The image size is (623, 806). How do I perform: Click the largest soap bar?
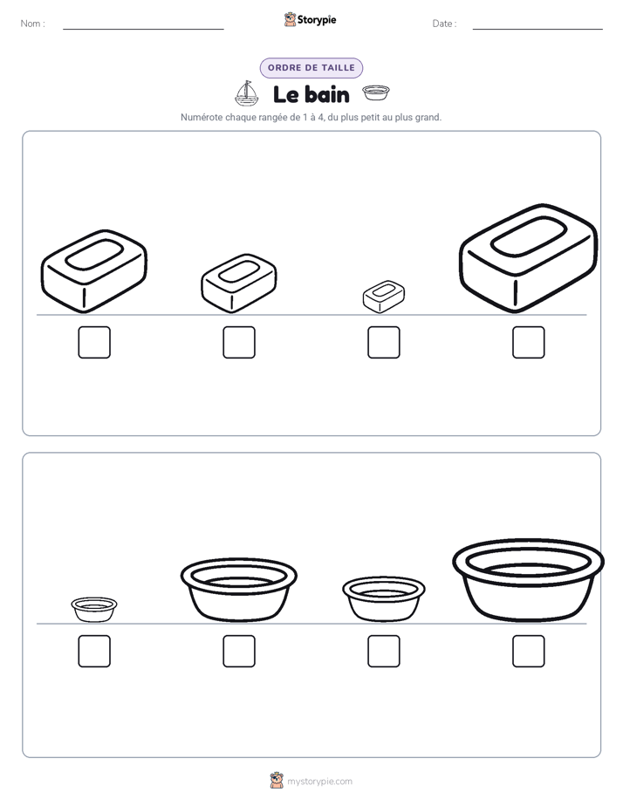[x=529, y=258]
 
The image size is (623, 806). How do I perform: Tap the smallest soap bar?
[x=383, y=297]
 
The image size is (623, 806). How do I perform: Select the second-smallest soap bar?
[x=238, y=283]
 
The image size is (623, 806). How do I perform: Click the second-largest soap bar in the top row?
[x=94, y=271]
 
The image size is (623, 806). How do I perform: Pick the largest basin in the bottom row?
[x=529, y=580]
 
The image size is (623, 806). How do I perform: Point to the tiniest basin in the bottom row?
[x=94, y=610]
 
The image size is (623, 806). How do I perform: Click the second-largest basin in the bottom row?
[x=238, y=590]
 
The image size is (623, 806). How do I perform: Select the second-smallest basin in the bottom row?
[x=383, y=599]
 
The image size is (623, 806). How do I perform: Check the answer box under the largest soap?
[x=529, y=342]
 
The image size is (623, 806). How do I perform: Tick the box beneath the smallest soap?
[x=383, y=342]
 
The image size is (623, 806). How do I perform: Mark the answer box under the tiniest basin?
[x=94, y=652]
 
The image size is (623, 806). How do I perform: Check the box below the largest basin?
[x=529, y=652]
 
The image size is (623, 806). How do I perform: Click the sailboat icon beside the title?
[x=247, y=93]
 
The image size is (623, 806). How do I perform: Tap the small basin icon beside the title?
[x=376, y=92]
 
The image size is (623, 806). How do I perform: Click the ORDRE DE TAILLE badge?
[x=311, y=68]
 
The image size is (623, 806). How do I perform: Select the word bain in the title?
[x=326, y=94]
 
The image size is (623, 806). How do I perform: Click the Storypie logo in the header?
[x=310, y=19]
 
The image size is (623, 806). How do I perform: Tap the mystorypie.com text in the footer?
[x=319, y=782]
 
